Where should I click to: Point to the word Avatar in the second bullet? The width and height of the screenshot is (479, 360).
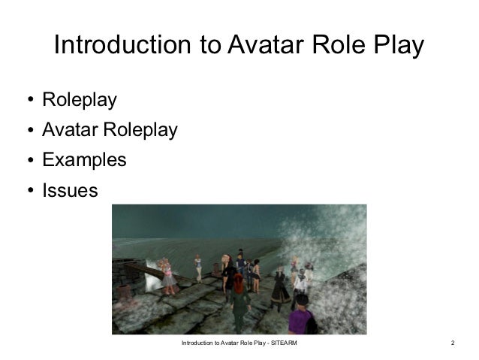pyautogui.click(x=69, y=131)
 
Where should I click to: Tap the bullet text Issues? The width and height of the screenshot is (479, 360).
pyautogui.click(x=70, y=191)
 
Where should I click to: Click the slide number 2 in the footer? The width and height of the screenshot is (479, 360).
pyautogui.click(x=453, y=343)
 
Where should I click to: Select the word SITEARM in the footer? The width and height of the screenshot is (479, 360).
pyautogui.click(x=282, y=343)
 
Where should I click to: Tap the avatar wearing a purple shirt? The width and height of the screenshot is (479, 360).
pyautogui.click(x=301, y=314)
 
